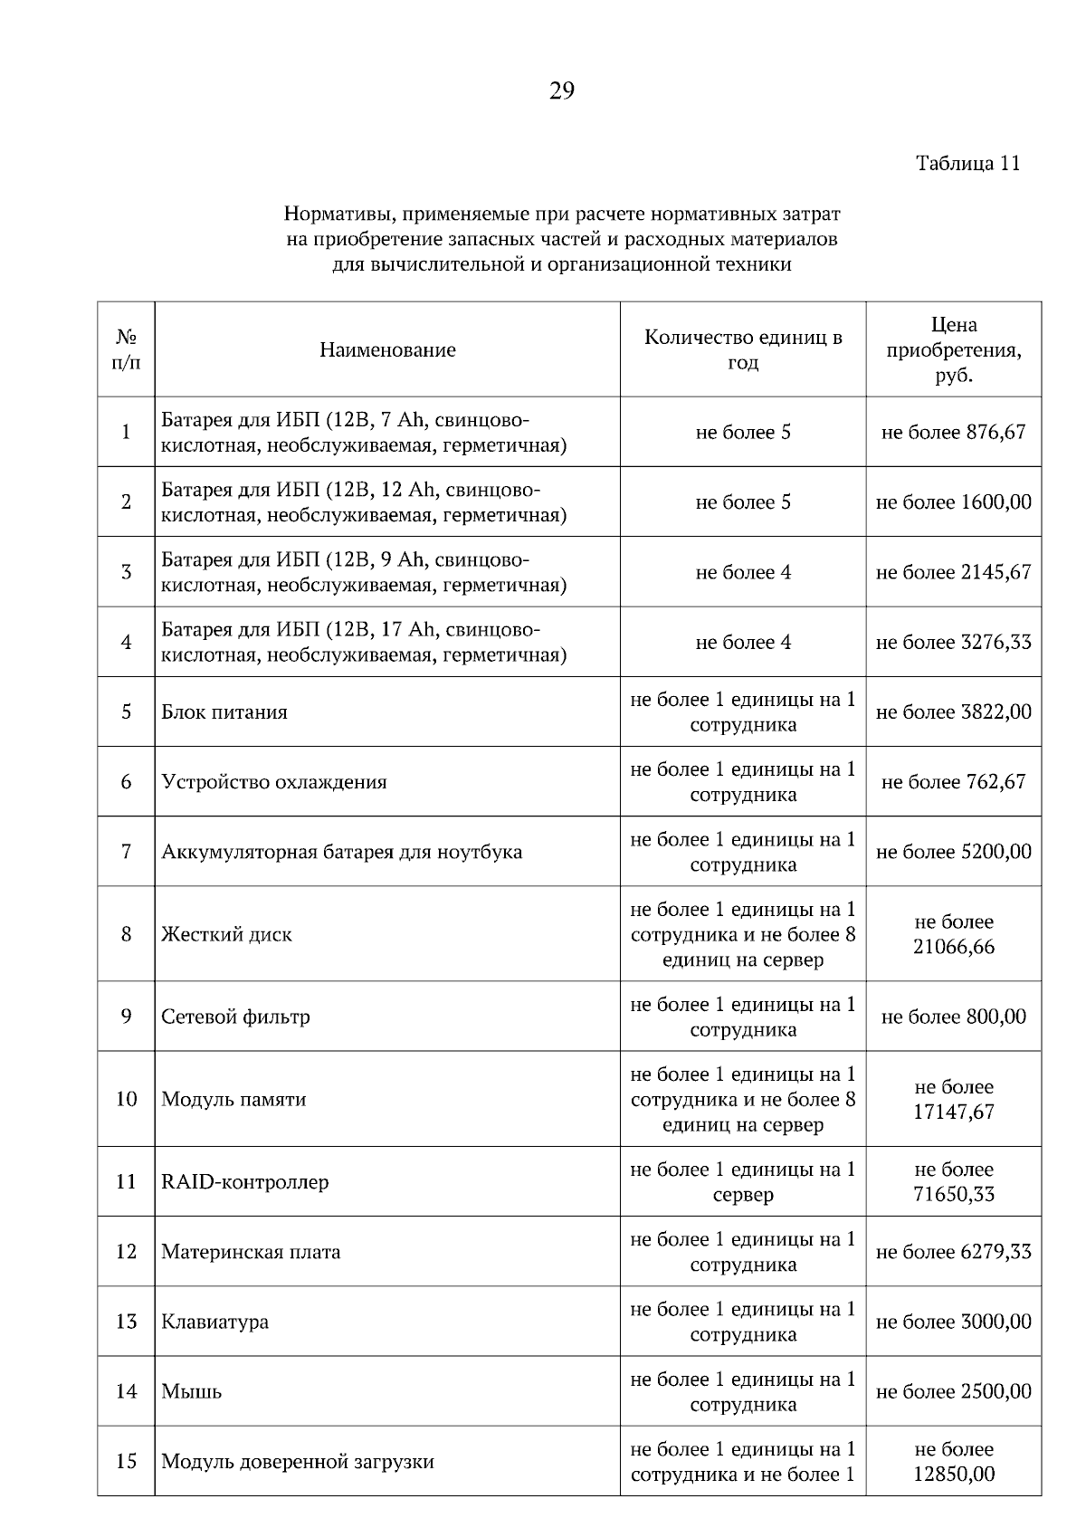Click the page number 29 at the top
pyautogui.click(x=561, y=91)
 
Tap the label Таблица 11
pyautogui.click(x=967, y=164)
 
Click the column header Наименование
pyautogui.click(x=387, y=350)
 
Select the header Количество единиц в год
pyautogui.click(x=743, y=350)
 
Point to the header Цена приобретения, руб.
pyautogui.click(x=954, y=350)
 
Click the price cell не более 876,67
pyautogui.click(x=954, y=433)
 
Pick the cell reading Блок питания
pyautogui.click(x=224, y=712)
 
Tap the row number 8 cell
pyautogui.click(x=126, y=934)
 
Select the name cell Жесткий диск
pyautogui.click(x=226, y=935)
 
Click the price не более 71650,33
pyautogui.click(x=954, y=1182)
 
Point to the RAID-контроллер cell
pyautogui.click(x=245, y=1182)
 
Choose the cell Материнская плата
pyautogui.click(x=251, y=1253)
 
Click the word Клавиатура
pyautogui.click(x=214, y=1322)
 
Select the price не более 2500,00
pyautogui.click(x=954, y=1392)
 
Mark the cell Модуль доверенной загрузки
pyautogui.click(x=298, y=1462)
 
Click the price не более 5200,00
pyautogui.click(x=954, y=853)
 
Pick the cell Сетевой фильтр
pyautogui.click(x=235, y=1017)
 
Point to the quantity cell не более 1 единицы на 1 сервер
pyautogui.click(x=743, y=1182)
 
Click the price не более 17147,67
pyautogui.click(x=954, y=1100)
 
